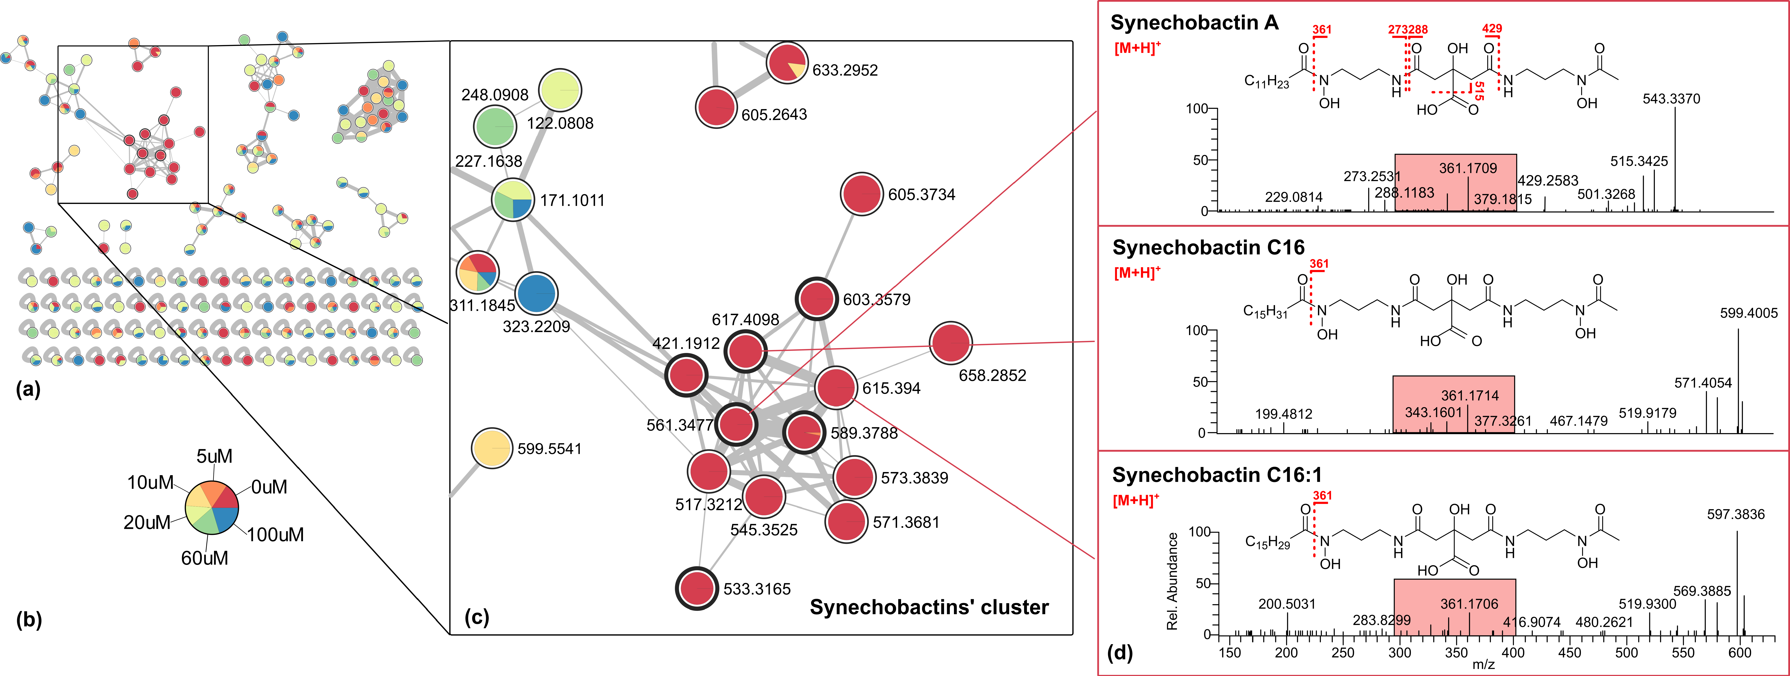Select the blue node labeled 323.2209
[536, 294]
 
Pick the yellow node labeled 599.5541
[492, 449]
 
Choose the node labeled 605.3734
[862, 195]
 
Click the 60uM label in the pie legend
[204, 558]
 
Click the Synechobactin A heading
[1194, 23]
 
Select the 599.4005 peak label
[1748, 313]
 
